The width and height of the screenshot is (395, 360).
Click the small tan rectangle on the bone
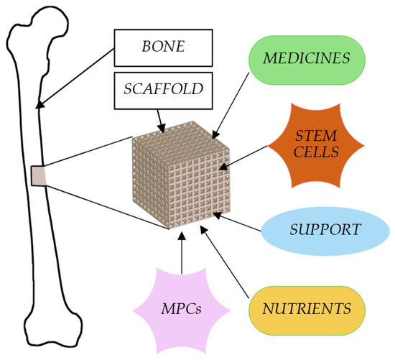point(38,174)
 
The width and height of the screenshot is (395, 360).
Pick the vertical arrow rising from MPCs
point(182,254)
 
